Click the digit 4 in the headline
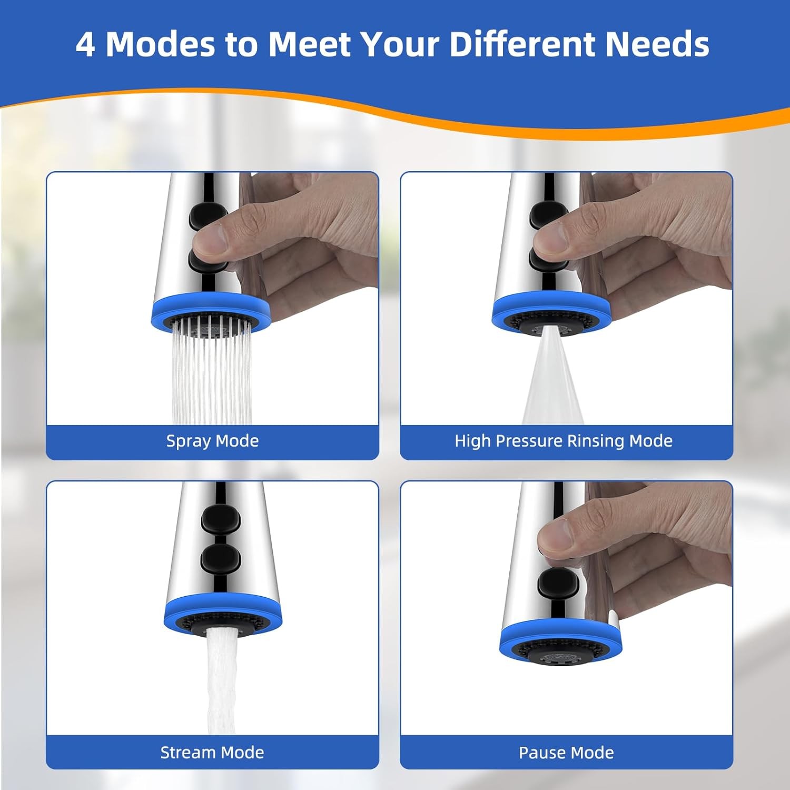(85, 44)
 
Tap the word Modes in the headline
(161, 44)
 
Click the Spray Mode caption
(212, 441)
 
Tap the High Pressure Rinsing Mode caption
(564, 441)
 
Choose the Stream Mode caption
(212, 752)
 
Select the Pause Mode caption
(566, 752)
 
